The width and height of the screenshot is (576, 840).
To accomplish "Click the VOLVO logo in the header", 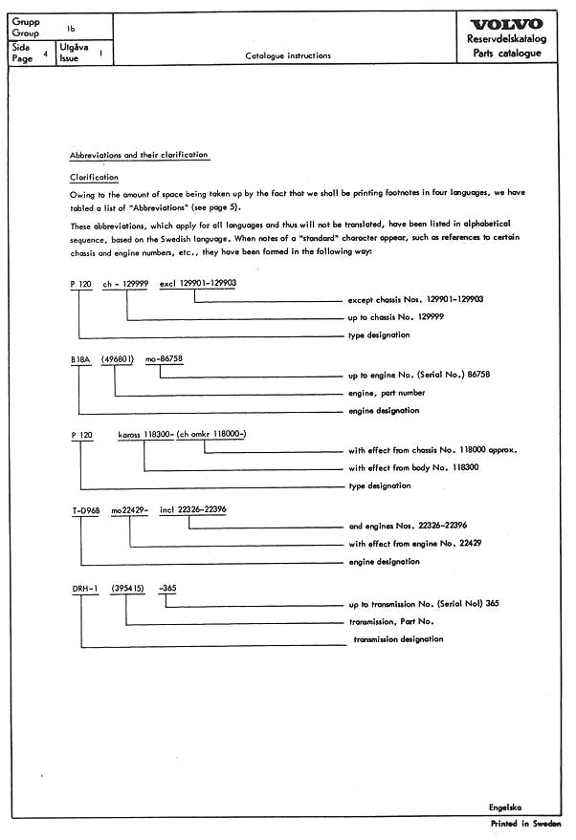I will click(x=507, y=24).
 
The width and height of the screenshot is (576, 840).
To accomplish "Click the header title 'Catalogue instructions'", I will click(x=288, y=55).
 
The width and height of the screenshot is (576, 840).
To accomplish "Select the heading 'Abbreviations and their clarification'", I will click(x=139, y=155).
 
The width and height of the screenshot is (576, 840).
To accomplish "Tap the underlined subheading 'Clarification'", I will click(x=95, y=177).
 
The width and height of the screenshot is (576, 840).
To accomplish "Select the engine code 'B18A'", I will click(x=81, y=359).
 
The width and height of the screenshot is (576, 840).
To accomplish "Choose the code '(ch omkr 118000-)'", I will click(x=218, y=434).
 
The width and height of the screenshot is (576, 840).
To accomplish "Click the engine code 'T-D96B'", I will click(x=84, y=510).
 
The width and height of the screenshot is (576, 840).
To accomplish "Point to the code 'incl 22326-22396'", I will click(x=193, y=510).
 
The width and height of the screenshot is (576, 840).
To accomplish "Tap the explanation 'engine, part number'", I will click(x=387, y=393).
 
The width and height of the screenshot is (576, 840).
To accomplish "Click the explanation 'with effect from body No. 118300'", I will click(x=413, y=468).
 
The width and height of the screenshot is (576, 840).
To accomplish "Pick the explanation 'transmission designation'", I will click(x=398, y=638).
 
